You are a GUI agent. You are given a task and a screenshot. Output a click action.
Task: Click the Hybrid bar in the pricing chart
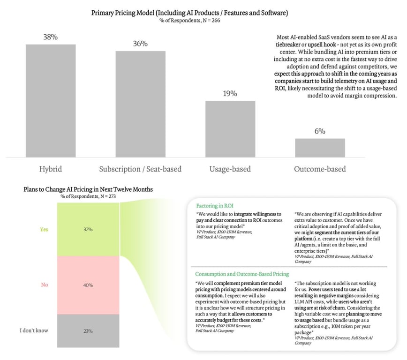(x=51, y=101)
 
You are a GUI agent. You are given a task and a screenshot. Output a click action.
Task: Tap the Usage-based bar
(x=230, y=129)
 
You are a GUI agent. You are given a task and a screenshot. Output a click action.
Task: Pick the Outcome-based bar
(x=320, y=148)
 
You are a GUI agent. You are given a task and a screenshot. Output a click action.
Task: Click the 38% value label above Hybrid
(x=50, y=37)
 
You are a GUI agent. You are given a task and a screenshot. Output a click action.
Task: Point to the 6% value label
(x=320, y=131)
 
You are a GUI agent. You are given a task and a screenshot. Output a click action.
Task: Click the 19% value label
(x=230, y=94)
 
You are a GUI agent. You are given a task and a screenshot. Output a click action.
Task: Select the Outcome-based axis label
(x=320, y=169)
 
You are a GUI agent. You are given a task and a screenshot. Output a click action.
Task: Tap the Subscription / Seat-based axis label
(x=140, y=169)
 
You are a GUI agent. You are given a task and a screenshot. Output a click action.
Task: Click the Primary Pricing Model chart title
(x=189, y=13)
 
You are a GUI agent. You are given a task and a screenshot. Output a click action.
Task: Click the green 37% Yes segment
(x=88, y=230)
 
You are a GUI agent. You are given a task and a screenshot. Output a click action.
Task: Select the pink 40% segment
(x=88, y=285)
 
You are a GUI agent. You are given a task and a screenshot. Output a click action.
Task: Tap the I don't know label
(x=34, y=330)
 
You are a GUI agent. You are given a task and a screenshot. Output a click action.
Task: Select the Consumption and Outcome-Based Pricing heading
(x=242, y=274)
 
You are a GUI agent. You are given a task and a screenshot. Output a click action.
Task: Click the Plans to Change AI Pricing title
(x=88, y=189)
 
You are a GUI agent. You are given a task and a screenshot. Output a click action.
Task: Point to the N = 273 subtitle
(x=88, y=196)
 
